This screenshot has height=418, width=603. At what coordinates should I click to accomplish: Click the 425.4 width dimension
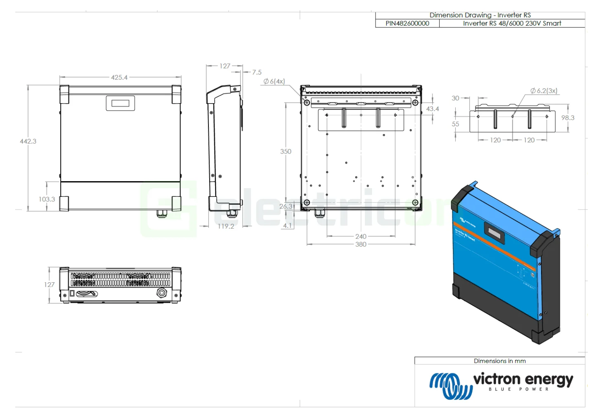coord(119,78)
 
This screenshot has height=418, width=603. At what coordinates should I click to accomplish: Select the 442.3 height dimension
coord(28,141)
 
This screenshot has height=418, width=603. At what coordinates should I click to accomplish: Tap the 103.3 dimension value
coord(47,199)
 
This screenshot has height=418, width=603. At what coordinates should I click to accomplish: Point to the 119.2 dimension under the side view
coord(226,226)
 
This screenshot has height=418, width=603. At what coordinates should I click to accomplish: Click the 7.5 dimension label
coord(257,72)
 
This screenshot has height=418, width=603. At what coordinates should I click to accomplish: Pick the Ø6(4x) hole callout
coord(274,82)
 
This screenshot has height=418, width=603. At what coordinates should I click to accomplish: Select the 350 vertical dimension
coord(286,151)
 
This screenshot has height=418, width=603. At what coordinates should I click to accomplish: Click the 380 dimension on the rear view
coord(361,244)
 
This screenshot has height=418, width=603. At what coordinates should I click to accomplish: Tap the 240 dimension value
coord(361,236)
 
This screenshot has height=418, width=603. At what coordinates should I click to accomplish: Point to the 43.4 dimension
coord(433,109)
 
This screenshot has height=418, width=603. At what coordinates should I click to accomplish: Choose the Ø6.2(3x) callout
coord(544,90)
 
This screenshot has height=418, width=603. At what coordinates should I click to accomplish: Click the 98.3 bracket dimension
coord(568,118)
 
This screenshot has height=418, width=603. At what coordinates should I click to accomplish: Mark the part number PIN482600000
coord(407,24)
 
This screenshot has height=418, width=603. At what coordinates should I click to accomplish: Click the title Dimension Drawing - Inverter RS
coord(480,15)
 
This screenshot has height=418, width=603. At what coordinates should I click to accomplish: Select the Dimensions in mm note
coord(500,361)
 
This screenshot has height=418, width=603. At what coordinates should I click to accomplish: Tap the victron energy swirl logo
coord(450,385)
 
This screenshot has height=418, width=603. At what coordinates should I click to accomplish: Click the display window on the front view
coord(120,103)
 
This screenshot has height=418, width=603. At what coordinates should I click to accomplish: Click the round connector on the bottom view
coord(161,293)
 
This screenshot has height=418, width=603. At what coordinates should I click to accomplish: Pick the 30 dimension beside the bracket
coord(455,98)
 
